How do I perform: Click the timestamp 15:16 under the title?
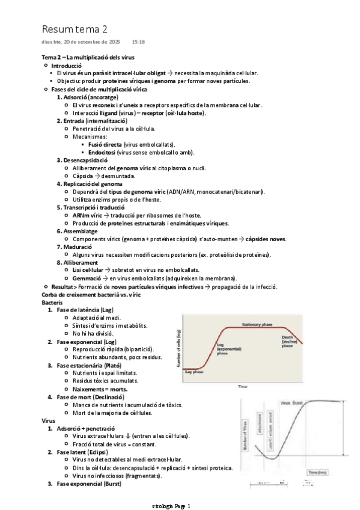click(x=138, y=42)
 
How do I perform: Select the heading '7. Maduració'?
click(x=74, y=247)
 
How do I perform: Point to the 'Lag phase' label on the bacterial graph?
click(x=194, y=372)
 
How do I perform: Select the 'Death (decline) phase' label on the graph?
click(x=287, y=342)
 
